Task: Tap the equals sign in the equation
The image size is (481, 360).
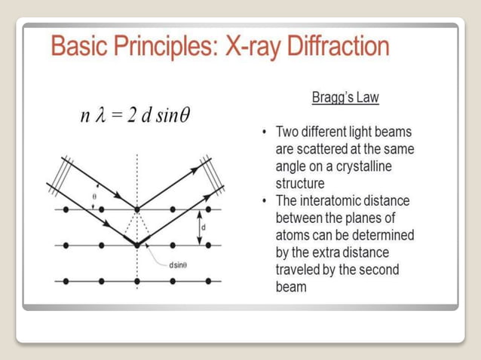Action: coord(118,117)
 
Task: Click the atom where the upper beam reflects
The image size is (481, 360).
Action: coord(136,209)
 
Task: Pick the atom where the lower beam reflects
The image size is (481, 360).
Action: coord(136,245)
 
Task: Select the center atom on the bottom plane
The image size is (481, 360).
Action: coord(136,281)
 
